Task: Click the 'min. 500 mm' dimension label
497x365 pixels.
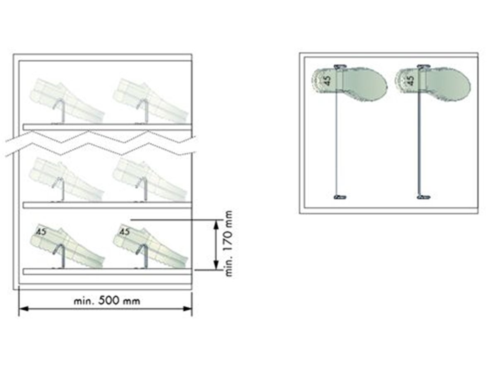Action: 107,301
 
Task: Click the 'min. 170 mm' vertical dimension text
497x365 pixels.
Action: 229,244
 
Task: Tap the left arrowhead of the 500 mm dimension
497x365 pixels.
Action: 24,309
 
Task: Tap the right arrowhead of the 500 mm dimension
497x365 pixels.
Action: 187,309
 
